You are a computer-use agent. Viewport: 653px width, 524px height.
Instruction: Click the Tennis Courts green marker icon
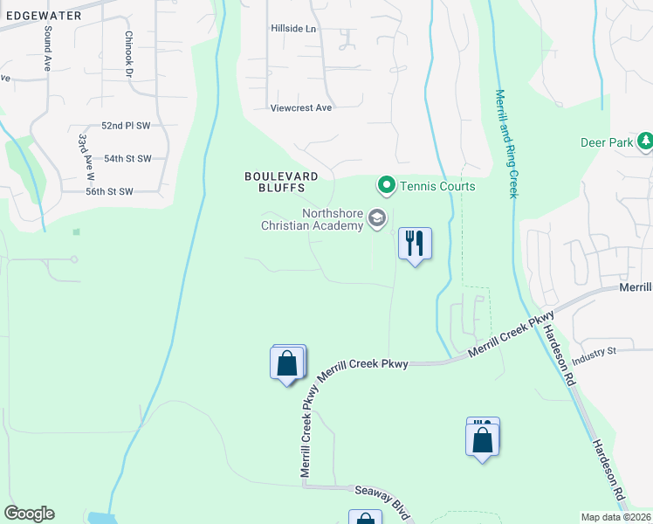[x=385, y=186]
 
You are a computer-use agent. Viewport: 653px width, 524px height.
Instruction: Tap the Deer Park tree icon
[x=644, y=141]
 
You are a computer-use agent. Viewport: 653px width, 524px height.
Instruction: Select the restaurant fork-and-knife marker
[x=416, y=243]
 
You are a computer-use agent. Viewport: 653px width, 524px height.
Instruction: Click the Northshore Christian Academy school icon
[x=377, y=218]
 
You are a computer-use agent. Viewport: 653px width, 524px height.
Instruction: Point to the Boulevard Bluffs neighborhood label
[x=275, y=182]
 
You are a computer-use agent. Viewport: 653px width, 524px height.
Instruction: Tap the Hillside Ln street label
[x=292, y=29]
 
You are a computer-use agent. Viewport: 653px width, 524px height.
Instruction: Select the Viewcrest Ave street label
[x=301, y=107]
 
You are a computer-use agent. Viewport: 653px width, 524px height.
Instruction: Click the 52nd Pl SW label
[x=126, y=126]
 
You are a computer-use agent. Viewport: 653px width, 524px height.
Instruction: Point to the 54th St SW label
[x=127, y=158]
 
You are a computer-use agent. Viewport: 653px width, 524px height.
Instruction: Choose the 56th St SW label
[x=108, y=191]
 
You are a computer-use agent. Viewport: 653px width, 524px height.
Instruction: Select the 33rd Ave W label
[x=86, y=156]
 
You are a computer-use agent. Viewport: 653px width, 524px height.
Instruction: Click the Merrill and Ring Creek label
[x=506, y=143]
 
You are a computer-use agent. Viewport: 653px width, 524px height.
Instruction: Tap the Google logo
[x=29, y=514]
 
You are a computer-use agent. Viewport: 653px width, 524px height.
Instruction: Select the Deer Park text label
[x=607, y=142]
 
